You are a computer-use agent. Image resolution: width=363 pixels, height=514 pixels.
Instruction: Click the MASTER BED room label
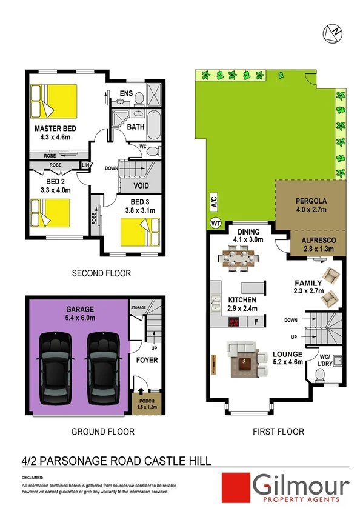point(55,128)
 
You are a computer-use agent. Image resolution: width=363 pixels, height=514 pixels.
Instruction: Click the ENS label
point(126,93)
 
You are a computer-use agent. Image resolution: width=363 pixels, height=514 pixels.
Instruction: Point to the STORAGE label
point(139,309)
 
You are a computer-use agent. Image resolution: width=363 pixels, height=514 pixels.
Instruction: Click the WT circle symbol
point(215,222)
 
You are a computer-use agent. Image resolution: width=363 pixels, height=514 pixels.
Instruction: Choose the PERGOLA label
point(311,201)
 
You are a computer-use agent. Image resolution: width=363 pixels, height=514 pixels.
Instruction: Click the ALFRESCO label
point(315,240)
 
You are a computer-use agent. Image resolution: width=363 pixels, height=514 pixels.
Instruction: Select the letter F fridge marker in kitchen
point(257,322)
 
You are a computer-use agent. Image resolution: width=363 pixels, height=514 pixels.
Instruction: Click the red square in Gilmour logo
point(235,489)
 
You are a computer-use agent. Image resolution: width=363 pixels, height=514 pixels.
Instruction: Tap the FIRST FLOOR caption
point(278,432)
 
